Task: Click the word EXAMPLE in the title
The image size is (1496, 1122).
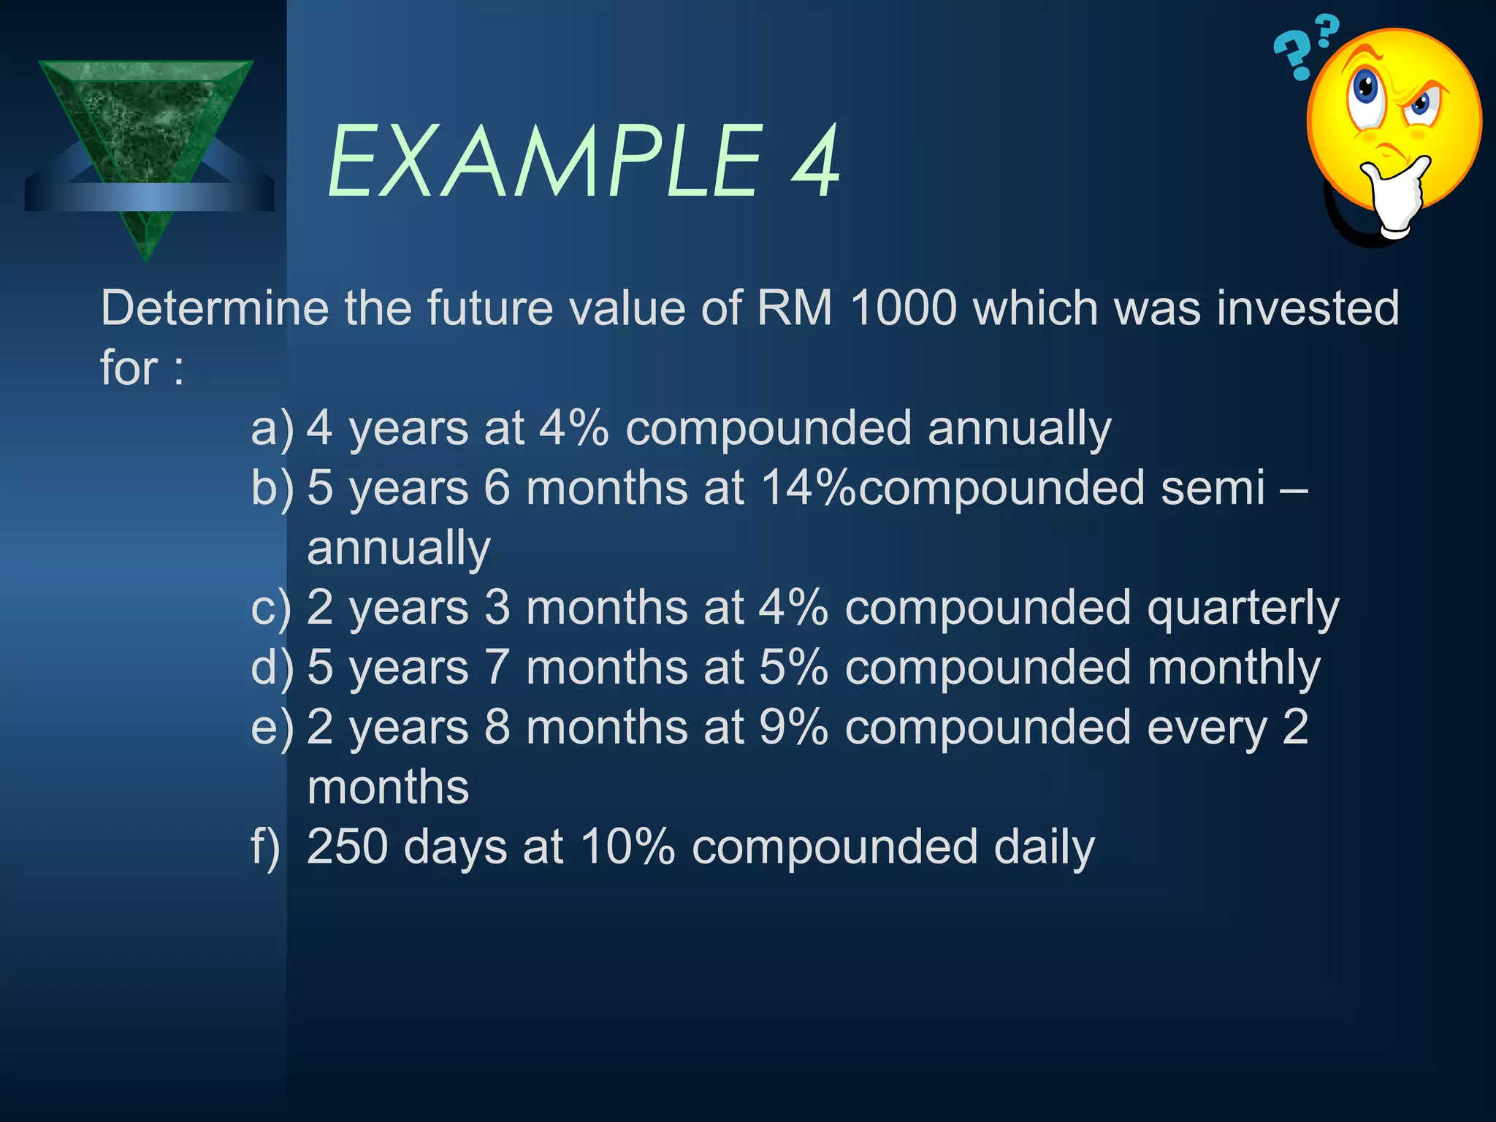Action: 545,162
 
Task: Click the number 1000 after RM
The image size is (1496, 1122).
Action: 903,308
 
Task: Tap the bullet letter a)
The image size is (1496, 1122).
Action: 272,430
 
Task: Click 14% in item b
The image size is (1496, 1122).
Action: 808,488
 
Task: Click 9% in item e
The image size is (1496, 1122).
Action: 793,728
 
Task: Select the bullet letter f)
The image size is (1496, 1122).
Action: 265,847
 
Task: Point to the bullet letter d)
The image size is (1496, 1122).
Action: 272,668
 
